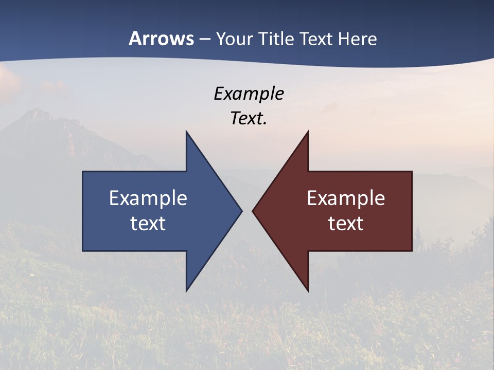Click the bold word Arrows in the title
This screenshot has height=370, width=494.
(x=162, y=39)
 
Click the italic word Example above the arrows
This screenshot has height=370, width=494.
(x=249, y=94)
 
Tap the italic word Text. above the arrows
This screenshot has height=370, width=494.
(x=249, y=118)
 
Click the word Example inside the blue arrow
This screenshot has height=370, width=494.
(x=148, y=198)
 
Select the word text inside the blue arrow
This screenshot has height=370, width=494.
(x=148, y=223)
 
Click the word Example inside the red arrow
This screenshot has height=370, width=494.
(x=346, y=198)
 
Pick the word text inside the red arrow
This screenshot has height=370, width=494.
(x=346, y=223)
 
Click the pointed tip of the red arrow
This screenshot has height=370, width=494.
(x=254, y=211)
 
